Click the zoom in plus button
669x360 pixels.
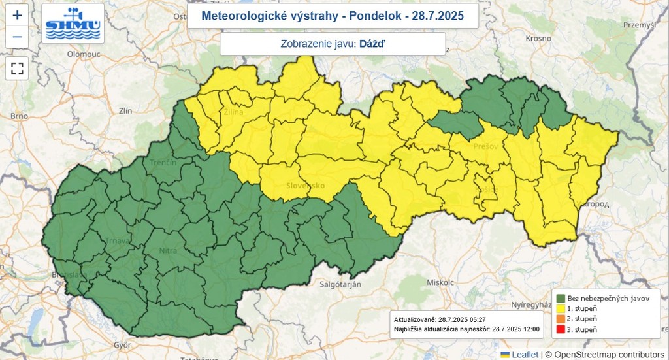pyautogui.click(x=17, y=14)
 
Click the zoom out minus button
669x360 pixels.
pyautogui.click(x=17, y=37)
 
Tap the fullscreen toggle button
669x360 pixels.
pyautogui.click(x=17, y=68)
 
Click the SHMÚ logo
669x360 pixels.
pyautogui.click(x=73, y=24)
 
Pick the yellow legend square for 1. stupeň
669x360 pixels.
pyautogui.click(x=560, y=308)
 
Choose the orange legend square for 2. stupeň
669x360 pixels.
pyautogui.click(x=560, y=319)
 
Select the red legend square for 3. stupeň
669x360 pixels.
pyautogui.click(x=560, y=329)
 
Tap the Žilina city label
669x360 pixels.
pyautogui.click(x=234, y=113)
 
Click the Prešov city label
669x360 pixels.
pyautogui.click(x=486, y=146)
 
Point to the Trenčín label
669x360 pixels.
pyautogui.click(x=163, y=161)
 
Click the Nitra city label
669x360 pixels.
pyautogui.click(x=168, y=250)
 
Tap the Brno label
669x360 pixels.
pyautogui.click(x=19, y=116)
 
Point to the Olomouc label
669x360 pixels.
pyautogui.click(x=83, y=54)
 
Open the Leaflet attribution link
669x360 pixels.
pyautogui.click(x=525, y=354)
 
